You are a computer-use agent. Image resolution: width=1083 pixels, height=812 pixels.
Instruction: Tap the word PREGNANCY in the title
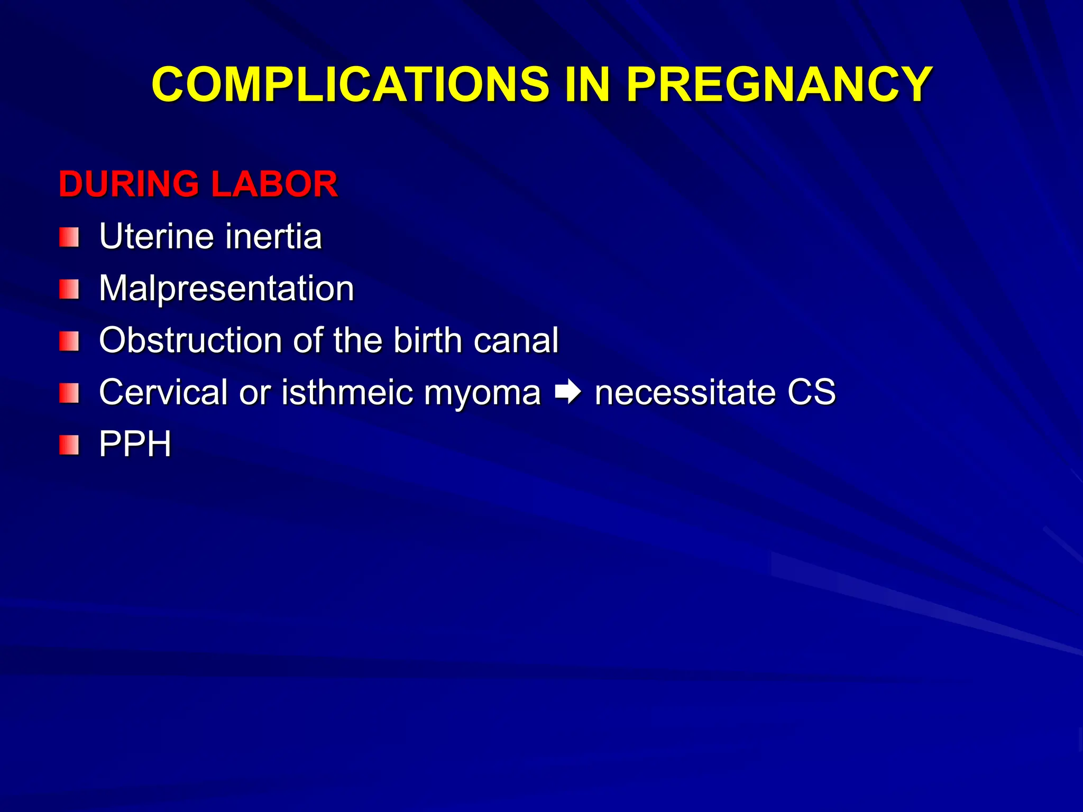[x=779, y=84]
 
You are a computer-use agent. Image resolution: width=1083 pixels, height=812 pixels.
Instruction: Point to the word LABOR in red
[x=274, y=184]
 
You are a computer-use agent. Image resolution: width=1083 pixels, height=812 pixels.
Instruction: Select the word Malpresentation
[x=226, y=289]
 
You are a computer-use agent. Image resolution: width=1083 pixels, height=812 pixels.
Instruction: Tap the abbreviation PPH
[x=135, y=444]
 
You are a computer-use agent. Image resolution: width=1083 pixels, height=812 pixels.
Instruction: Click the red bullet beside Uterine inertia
[x=69, y=237]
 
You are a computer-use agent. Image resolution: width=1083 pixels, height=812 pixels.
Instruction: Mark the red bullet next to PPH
[x=69, y=445]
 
